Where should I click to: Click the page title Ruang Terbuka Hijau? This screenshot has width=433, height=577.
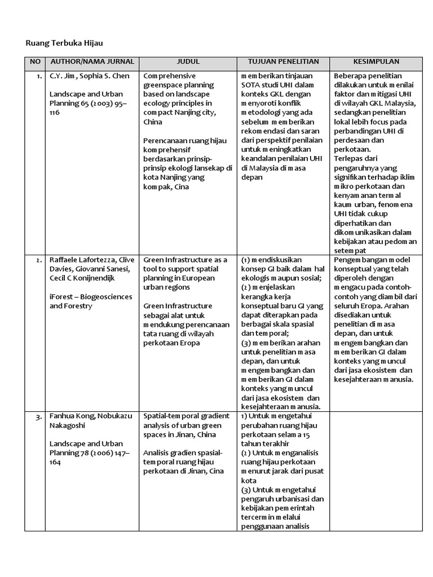[x=65, y=42]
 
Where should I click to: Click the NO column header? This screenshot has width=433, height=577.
[x=36, y=61]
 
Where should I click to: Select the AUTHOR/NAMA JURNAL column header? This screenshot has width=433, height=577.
[x=92, y=61]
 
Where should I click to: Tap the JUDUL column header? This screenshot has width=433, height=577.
[x=188, y=61]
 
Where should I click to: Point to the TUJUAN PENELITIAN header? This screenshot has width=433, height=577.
[x=283, y=61]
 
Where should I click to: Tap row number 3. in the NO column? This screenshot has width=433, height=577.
[x=38, y=417]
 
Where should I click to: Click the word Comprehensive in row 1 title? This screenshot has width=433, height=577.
[x=169, y=76]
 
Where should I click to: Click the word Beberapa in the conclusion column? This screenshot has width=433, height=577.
[x=351, y=76]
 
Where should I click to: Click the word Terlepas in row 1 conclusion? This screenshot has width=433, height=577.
[x=350, y=158]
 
